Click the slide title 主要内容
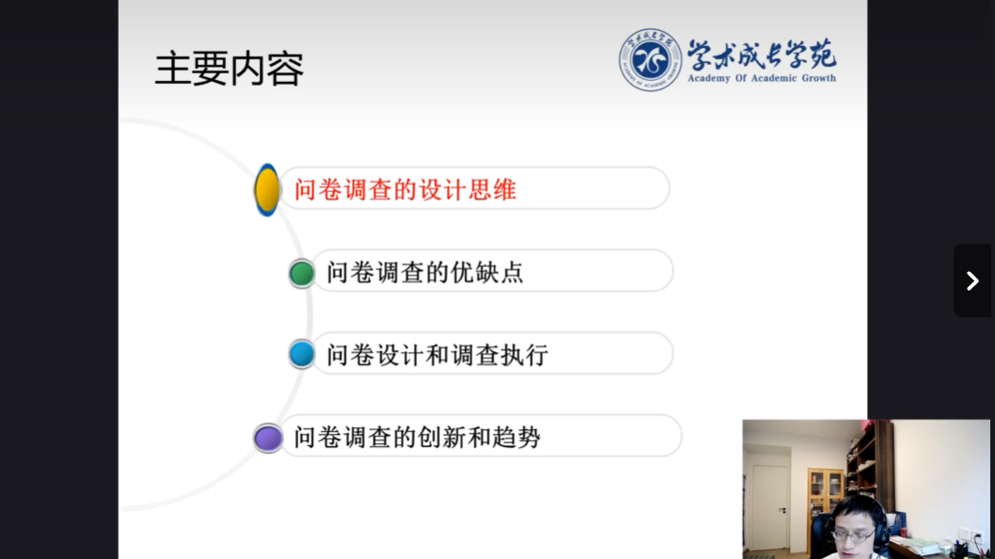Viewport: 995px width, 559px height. coord(229,69)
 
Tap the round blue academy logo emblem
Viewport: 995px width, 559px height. coord(650,59)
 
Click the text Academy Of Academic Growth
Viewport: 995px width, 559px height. coord(762,78)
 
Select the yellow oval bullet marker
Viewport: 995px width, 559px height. coord(267,190)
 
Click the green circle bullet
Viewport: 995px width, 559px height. coord(301,274)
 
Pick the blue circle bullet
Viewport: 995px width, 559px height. coord(301,354)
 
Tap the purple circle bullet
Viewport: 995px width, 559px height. coord(267,438)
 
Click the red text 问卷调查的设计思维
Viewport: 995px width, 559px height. coord(405,190)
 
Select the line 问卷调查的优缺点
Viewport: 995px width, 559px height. coord(425,272)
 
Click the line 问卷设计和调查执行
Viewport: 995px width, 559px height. coord(437,355)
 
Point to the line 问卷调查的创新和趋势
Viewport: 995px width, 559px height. coord(417,438)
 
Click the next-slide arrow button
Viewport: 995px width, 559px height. coord(972,280)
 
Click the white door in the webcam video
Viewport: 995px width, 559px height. coord(770,507)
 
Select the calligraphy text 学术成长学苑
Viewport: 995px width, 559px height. coord(762,55)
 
